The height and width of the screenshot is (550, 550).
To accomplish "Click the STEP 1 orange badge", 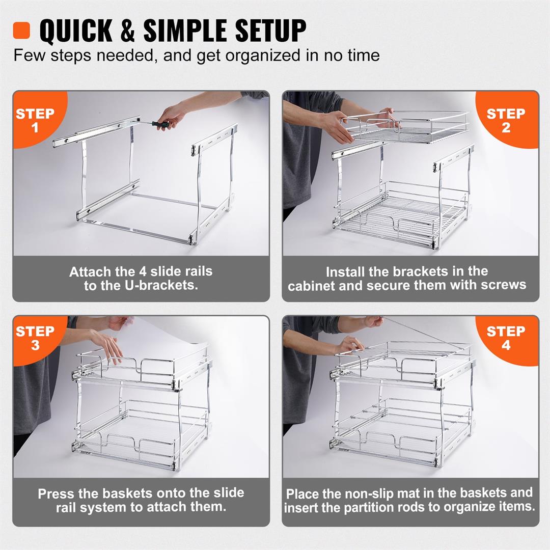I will point(35,120).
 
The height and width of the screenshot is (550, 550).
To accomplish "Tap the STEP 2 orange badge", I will point(506,120).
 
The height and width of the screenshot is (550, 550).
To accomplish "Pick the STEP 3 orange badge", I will point(35,338).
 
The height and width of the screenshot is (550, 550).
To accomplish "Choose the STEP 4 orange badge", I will point(506,338).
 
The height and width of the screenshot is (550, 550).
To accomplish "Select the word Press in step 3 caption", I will point(54,493).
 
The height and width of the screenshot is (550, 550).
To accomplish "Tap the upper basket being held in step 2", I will point(407,127).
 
